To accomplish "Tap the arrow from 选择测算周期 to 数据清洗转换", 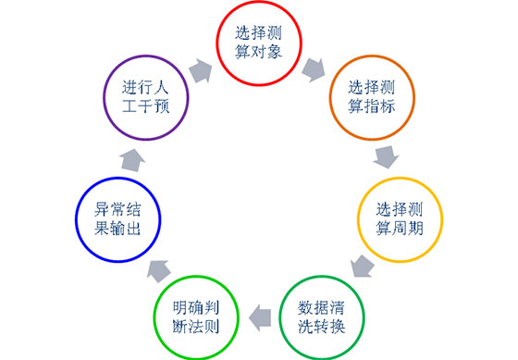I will tap(363, 268).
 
